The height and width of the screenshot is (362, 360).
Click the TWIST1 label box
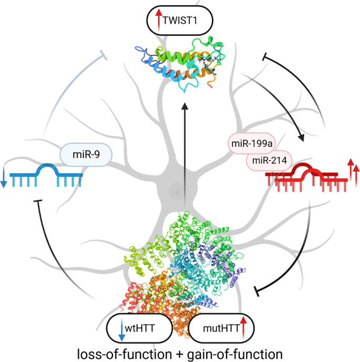pyautogui.click(x=179, y=22)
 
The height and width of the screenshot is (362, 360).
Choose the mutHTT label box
pyautogui.click(x=221, y=329)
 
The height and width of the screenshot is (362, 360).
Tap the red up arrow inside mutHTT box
pyautogui.click(x=243, y=329)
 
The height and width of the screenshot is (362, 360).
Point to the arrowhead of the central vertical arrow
pyautogui.click(x=184, y=107)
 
